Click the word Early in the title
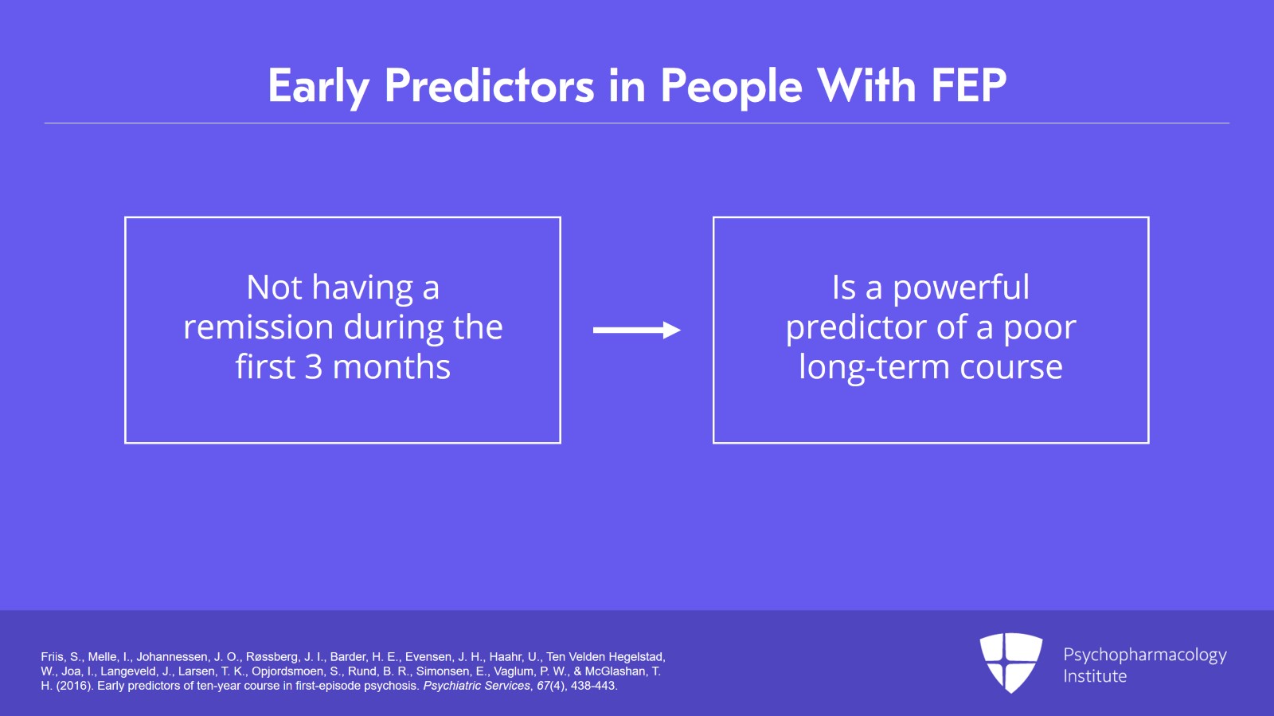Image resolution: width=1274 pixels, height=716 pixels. coord(318,86)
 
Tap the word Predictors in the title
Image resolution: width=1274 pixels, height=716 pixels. coord(489,86)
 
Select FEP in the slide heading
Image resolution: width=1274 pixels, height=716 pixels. coord(968,86)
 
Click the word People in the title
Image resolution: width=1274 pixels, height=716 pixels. coord(730,86)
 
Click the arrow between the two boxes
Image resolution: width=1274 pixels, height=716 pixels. coord(636,330)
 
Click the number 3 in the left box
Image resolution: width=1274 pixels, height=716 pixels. coord(314,367)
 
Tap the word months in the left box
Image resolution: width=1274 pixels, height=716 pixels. coord(391,367)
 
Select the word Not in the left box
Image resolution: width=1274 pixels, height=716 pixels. coord(274,288)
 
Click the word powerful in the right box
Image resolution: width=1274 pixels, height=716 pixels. coord(961,288)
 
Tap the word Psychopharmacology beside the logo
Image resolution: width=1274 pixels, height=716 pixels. coord(1144,655)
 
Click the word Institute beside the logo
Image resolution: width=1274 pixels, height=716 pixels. coord(1095,676)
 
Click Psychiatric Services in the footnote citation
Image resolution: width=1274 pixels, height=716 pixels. coord(476,686)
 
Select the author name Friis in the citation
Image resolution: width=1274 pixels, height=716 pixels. coord(52,657)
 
